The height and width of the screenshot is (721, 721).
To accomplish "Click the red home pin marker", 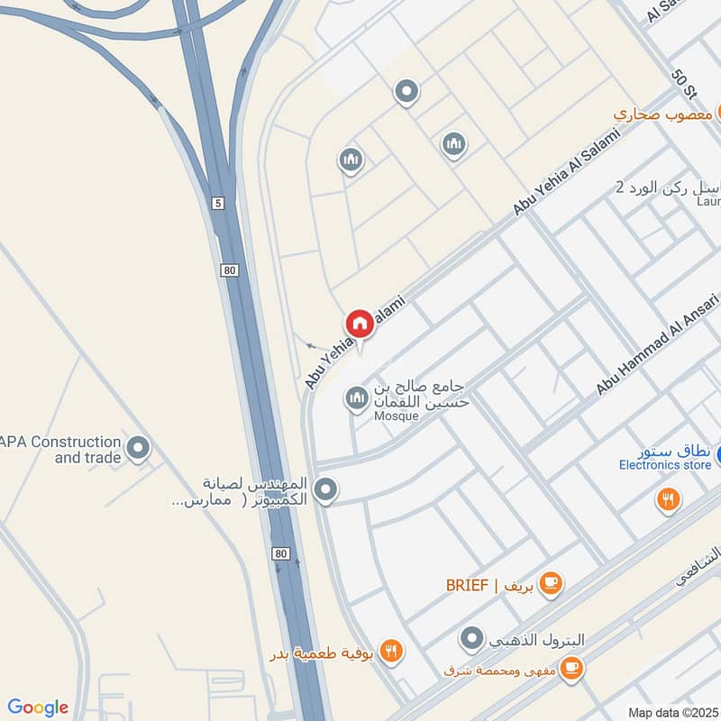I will (359, 324).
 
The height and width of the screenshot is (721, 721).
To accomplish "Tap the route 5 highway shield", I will (218, 204).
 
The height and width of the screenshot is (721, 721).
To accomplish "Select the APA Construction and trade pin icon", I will (138, 447).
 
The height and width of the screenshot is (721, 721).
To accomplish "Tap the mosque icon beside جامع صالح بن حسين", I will (358, 397).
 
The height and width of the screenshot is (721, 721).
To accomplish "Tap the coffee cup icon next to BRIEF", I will (552, 584).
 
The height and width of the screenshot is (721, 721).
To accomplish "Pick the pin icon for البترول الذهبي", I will (470, 640).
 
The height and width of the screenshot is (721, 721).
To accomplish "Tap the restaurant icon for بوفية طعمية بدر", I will (391, 652).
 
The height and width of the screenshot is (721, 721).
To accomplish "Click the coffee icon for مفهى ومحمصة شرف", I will (570, 668).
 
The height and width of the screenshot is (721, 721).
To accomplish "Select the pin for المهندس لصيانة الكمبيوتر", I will (326, 490).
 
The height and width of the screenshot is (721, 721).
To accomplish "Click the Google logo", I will (38, 707).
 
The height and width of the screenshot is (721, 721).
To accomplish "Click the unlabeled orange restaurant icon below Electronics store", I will (669, 498).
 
